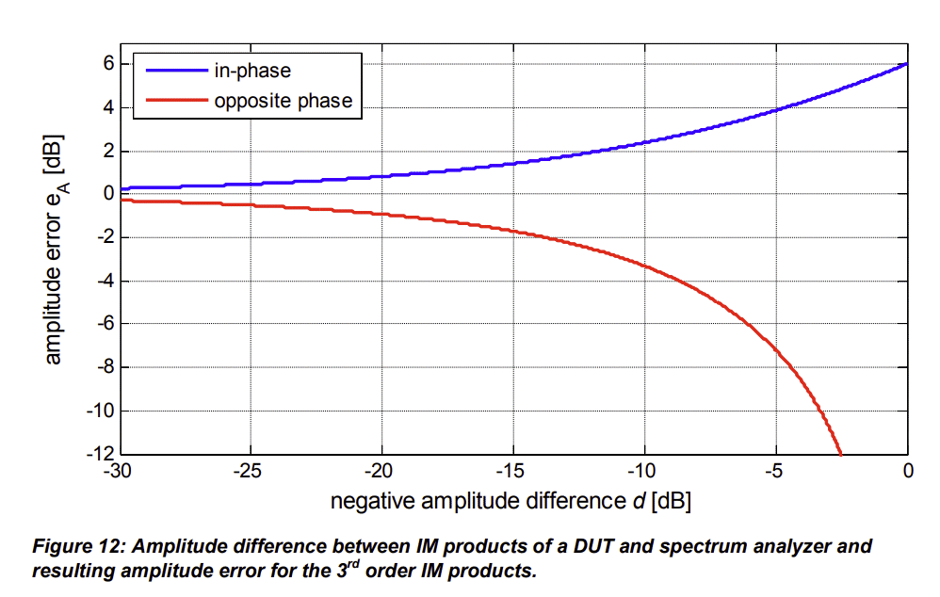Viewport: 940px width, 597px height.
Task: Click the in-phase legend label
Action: coord(252,71)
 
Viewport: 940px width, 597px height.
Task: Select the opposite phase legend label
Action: coord(283,100)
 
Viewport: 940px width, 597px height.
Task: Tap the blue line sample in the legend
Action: coord(173,71)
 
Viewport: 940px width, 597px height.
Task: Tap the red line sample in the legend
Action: coord(173,100)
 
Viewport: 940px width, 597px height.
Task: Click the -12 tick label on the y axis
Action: coord(100,454)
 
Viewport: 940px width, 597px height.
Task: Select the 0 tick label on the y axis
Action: coord(108,194)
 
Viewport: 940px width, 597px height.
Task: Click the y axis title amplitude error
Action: coord(55,251)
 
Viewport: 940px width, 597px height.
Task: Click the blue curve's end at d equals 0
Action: coord(906,64)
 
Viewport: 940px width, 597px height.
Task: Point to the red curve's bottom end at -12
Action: coord(838,452)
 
